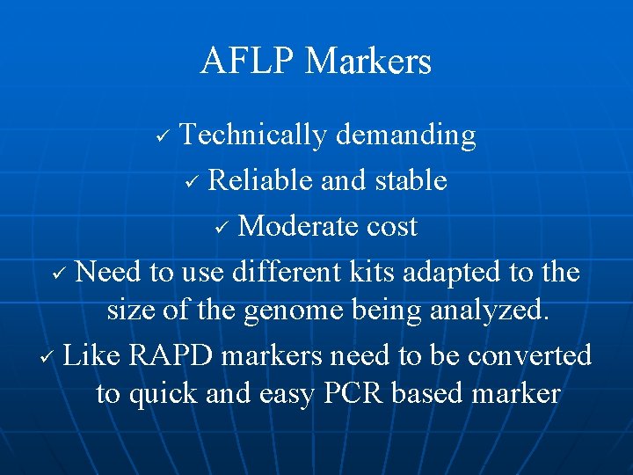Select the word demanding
406,135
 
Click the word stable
409,180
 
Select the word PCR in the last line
353,393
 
